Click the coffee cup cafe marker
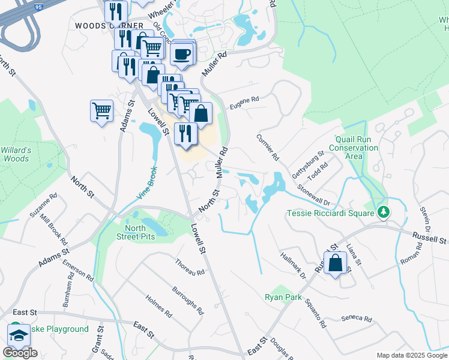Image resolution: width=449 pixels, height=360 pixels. pos(181,53)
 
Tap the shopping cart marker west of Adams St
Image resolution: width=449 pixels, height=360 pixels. pos(101,110)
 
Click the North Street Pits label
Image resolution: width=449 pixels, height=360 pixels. pos(140,232)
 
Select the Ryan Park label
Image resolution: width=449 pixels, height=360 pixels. pos(283,297)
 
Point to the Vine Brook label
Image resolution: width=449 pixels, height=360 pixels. pos(146,182)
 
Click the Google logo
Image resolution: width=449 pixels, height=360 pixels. pos(20,353)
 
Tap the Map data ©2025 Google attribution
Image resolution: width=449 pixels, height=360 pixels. pos(411,355)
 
